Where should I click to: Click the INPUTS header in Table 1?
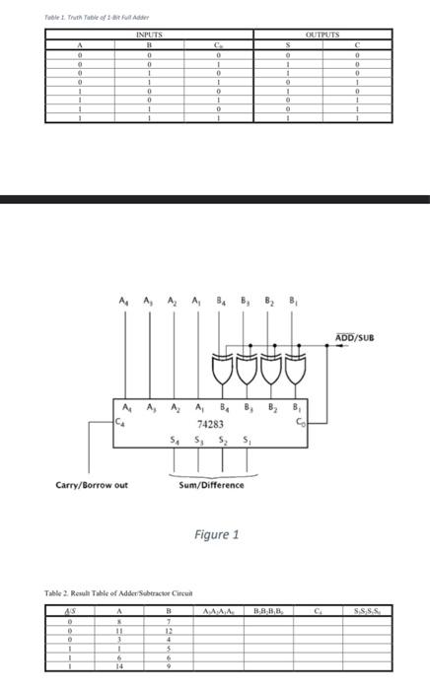147,34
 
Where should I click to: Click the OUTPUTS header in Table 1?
322,34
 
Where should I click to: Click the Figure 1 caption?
216,534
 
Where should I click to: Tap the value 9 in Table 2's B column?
170,666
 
